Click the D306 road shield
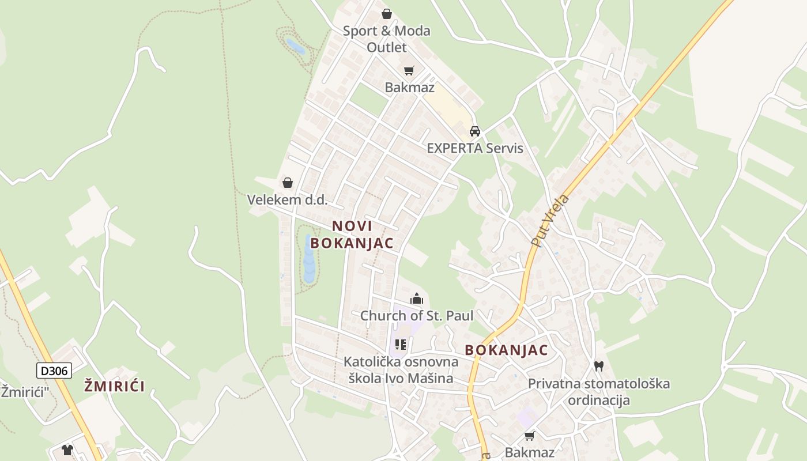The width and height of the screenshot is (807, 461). (54, 370)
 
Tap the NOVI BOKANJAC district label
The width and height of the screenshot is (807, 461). (352, 235)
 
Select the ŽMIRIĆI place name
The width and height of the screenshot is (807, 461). (115, 386)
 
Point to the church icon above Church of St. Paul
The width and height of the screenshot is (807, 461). (416, 298)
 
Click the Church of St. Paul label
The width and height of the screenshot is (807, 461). (416, 316)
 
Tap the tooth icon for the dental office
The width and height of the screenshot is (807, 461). (598, 366)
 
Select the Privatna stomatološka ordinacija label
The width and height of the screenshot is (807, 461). (599, 392)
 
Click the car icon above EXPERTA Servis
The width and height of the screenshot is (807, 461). (475, 131)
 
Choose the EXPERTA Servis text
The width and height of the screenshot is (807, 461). (475, 148)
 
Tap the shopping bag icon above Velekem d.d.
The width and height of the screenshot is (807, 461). (287, 183)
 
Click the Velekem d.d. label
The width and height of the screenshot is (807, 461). (287, 200)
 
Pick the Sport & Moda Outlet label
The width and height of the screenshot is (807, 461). (387, 39)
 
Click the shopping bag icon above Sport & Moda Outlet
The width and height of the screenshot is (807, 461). (387, 13)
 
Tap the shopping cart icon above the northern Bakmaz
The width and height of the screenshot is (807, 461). (409, 70)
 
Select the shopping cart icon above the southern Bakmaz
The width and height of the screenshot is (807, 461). (529, 436)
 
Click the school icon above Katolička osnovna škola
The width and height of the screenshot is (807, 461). (401, 345)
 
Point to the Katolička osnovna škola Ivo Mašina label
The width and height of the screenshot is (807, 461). (401, 370)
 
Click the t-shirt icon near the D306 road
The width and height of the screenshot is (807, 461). (67, 449)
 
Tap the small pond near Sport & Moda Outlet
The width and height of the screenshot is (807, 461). (296, 46)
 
